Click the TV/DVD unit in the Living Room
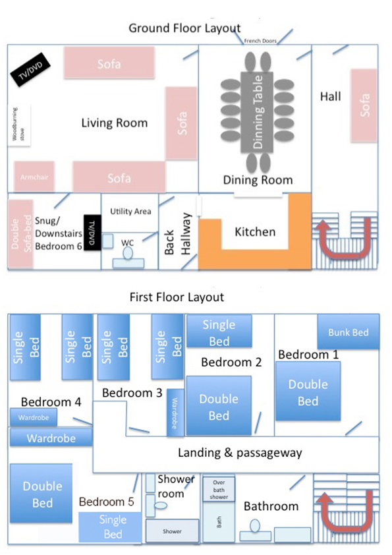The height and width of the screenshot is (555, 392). pyautogui.click(x=31, y=69)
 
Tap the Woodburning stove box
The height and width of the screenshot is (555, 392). pyautogui.click(x=19, y=126)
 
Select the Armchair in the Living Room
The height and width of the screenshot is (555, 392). pyautogui.click(x=34, y=177)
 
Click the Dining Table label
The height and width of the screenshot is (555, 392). pyautogui.click(x=258, y=112)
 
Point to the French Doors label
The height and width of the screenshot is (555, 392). pyautogui.click(x=260, y=41)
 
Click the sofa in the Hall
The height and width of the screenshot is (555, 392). pyautogui.click(x=364, y=105)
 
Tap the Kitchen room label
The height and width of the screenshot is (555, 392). pyautogui.click(x=255, y=232)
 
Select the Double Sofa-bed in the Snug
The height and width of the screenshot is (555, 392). pyautogui.click(x=20, y=234)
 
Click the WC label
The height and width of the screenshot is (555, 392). pyautogui.click(x=127, y=243)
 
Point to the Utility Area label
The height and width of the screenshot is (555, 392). pyautogui.click(x=130, y=212)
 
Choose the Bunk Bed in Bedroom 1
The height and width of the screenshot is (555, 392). pyautogui.click(x=348, y=332)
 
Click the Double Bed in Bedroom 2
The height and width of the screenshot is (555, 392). pyautogui.click(x=219, y=405)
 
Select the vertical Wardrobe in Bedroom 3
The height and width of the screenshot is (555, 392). pyautogui.click(x=175, y=413)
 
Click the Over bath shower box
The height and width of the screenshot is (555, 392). pyautogui.click(x=219, y=489)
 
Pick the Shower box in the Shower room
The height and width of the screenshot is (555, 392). pyautogui.click(x=173, y=531)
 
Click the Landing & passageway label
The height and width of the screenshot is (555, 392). pyautogui.click(x=240, y=453)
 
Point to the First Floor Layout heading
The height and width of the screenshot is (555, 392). pyautogui.click(x=177, y=297)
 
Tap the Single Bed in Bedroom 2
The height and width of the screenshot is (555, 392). pyautogui.click(x=219, y=332)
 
